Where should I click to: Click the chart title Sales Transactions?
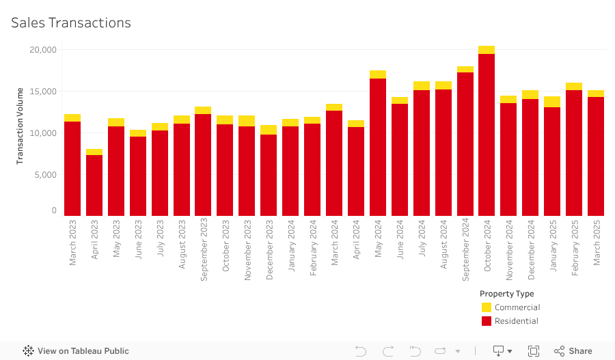pos(71,23)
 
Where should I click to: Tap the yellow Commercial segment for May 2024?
pos(378,74)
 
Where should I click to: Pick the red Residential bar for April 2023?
pos(94,185)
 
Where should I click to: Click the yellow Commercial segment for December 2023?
pos(269,130)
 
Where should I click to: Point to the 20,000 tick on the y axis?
pos(43,50)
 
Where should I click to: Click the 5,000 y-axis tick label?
pos(45,175)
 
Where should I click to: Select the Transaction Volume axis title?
pos(20,126)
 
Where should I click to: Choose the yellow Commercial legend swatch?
pos(487,307)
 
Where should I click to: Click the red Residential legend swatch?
pos(487,321)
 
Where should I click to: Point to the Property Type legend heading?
pos(506,294)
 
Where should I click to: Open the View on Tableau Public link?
pos(76,351)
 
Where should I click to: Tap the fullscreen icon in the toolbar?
pos(534,351)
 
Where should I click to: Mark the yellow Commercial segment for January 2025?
pos(552,102)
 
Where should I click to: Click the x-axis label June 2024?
pos(400,240)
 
